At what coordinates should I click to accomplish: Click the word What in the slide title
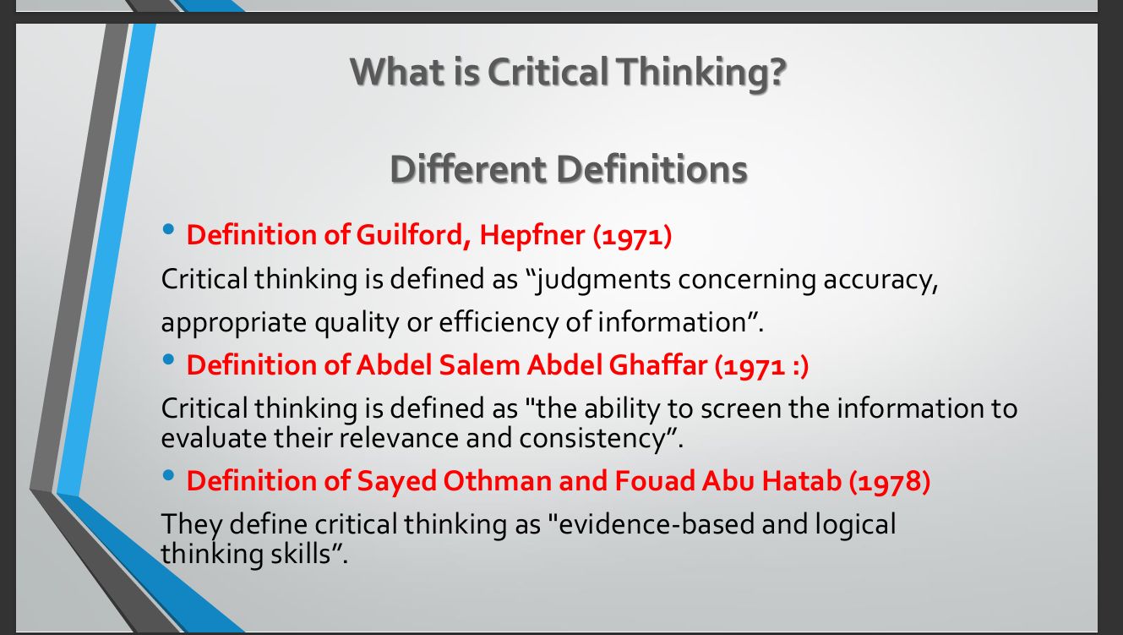[x=397, y=72]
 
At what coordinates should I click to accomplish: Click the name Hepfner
[x=532, y=235]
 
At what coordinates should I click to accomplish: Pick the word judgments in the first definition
[x=602, y=280]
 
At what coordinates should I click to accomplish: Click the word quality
[x=357, y=323]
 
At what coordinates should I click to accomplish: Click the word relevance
[x=399, y=439]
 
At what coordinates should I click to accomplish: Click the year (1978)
[x=890, y=481]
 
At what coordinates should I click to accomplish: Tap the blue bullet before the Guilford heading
[x=168, y=230]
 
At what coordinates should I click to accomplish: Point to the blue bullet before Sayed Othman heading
[x=168, y=475]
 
